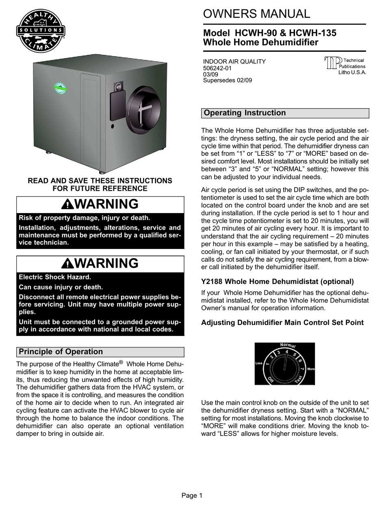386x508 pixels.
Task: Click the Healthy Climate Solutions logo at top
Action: coord(40,31)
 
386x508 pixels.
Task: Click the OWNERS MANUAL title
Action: coord(256,14)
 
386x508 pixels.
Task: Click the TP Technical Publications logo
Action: coord(345,66)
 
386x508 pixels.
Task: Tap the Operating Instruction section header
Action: coord(245,113)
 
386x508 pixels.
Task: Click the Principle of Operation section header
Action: coord(61,352)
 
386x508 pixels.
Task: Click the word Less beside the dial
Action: coord(259,363)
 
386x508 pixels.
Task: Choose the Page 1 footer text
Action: coord(191,495)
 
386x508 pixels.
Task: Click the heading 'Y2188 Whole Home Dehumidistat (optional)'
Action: coord(278,281)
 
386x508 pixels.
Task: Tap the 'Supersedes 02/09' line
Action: coord(228,81)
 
